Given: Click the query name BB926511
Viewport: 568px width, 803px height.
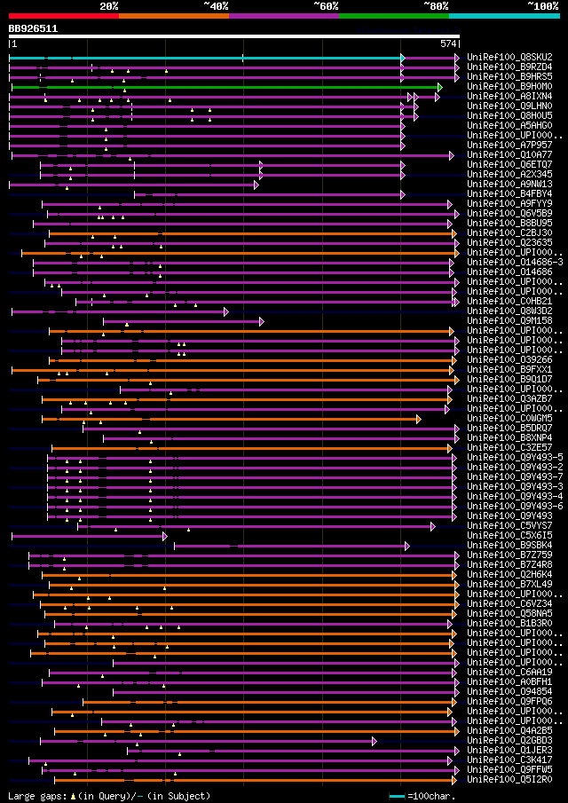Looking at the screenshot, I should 34,28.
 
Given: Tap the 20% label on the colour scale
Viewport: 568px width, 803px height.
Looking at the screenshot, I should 109,6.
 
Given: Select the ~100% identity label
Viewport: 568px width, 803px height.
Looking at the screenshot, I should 542,6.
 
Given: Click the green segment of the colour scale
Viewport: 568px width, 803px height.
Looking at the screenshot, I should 393,15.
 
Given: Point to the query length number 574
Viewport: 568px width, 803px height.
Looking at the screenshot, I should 448,43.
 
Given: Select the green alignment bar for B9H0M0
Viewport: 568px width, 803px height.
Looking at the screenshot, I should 222,87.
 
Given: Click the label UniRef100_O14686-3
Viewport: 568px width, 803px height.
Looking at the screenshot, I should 515,263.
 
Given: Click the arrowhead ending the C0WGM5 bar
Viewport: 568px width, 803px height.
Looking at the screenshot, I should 418,419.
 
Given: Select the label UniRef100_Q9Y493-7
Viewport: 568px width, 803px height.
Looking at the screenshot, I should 515,477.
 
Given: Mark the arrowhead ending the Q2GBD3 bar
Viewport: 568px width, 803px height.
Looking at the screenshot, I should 375,741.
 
